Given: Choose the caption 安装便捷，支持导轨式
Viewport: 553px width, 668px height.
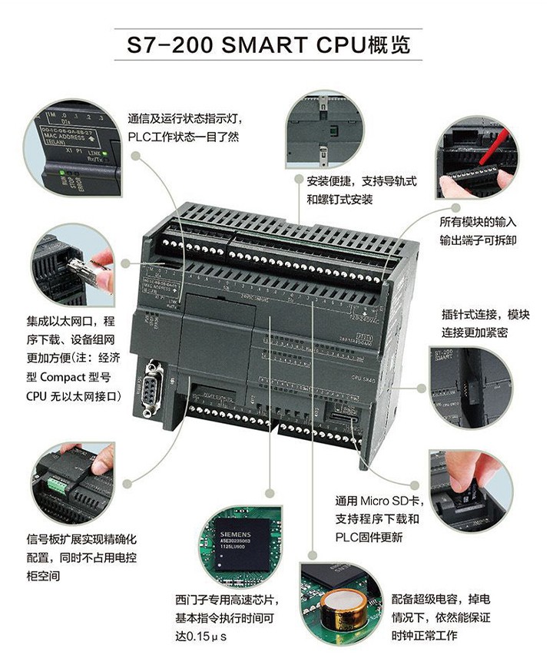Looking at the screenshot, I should click(361, 182).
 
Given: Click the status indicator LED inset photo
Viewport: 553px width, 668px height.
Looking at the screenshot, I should click(72, 147).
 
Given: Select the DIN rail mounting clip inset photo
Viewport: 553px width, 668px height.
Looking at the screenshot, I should click(323, 131).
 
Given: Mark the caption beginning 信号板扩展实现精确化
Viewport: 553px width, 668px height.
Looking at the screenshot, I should click(81, 541).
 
